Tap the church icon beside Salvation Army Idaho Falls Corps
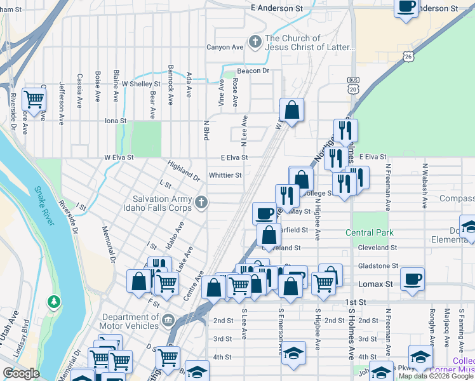[x=201, y=203]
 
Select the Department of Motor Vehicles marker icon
[x=168, y=319]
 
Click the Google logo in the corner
[x=21, y=373]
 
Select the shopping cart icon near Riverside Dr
[x=33, y=99]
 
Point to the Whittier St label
[x=225, y=175]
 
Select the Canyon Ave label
[x=225, y=48]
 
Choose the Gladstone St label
[x=378, y=266]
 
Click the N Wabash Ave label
[x=424, y=185]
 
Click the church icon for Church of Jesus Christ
[x=255, y=42]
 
